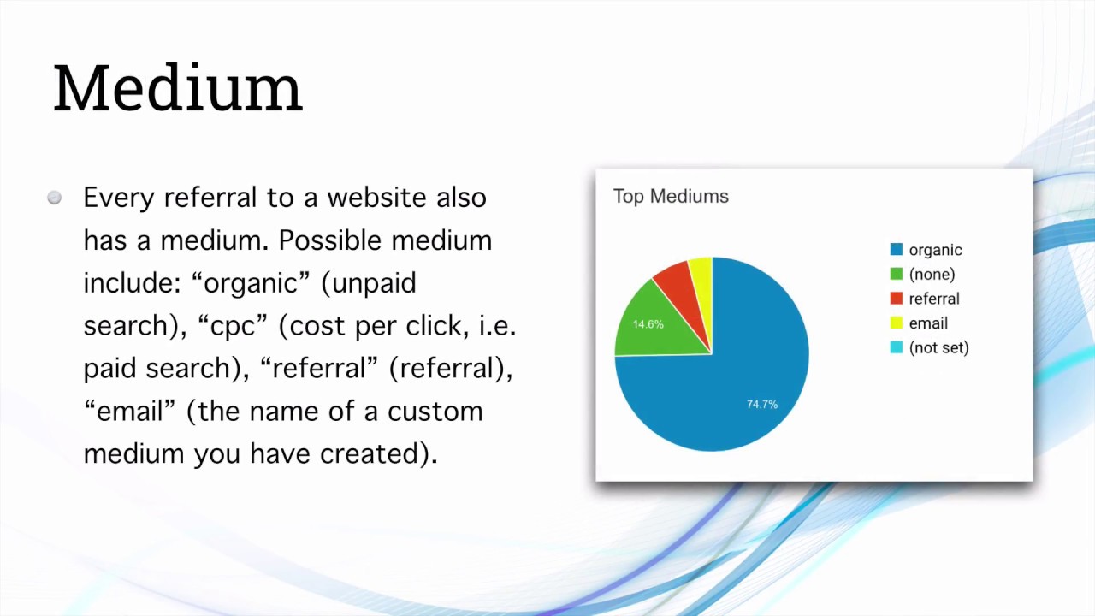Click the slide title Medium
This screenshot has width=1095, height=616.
(x=178, y=88)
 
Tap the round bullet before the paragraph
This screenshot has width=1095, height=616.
(x=55, y=198)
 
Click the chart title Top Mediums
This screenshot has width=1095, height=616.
(x=671, y=197)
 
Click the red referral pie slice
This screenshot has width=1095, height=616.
(x=678, y=284)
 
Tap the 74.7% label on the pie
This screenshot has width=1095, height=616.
(x=762, y=404)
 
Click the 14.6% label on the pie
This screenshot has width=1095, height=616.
(x=648, y=324)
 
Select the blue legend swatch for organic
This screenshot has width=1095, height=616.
(x=897, y=250)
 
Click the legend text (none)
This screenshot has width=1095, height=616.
(x=932, y=275)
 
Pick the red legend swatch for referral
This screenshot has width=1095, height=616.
(x=897, y=299)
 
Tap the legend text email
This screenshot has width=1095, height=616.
(x=928, y=323)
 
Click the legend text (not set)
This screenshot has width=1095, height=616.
(x=938, y=348)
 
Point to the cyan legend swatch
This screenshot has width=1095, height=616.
(x=897, y=347)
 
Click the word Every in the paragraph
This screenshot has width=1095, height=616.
(x=119, y=198)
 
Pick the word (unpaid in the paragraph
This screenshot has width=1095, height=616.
(x=369, y=283)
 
